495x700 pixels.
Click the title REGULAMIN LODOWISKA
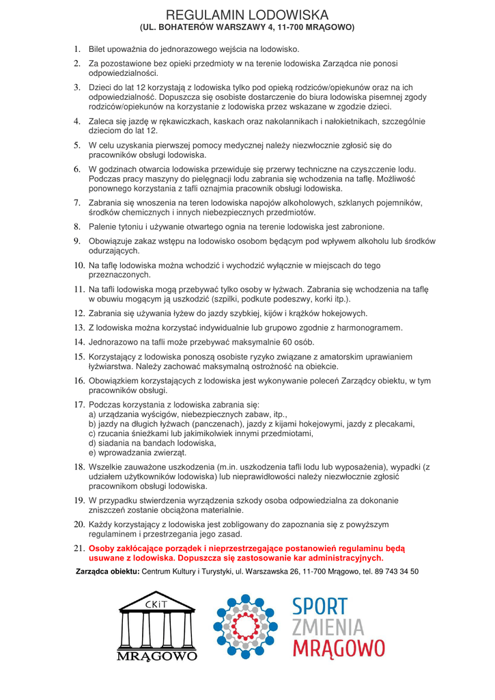(x=247, y=14)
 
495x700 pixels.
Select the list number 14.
(x=79, y=342)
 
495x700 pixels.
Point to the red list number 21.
(x=79, y=548)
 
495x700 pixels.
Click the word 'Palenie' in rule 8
(x=104, y=227)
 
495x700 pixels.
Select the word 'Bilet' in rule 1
(x=99, y=49)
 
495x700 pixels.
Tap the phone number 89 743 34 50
(x=396, y=571)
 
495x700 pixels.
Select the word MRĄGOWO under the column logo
(x=157, y=656)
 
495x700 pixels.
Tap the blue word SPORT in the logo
(x=320, y=606)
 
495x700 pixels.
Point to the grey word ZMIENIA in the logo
(x=328, y=627)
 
